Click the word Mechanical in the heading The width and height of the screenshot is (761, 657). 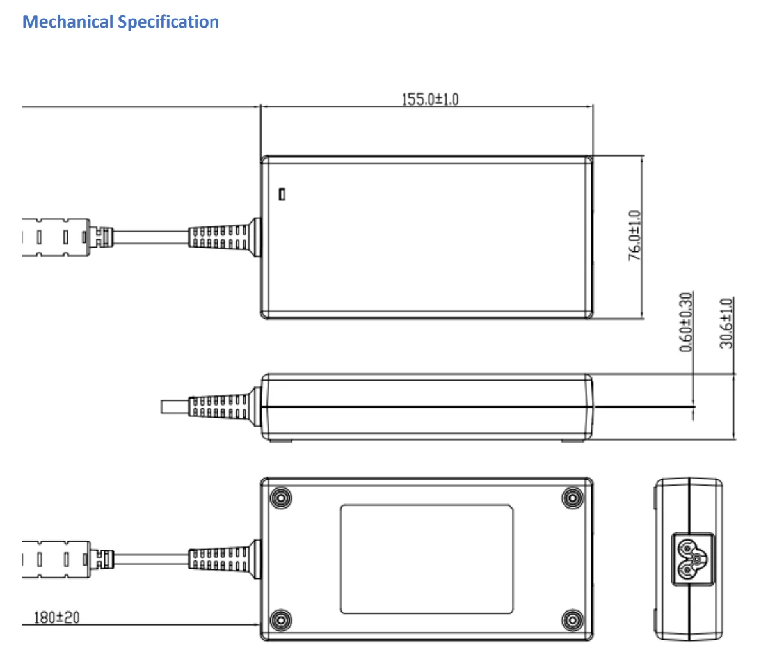[x=68, y=22]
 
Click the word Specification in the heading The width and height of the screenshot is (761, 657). [x=168, y=22]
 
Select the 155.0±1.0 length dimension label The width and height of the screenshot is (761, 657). [x=429, y=99]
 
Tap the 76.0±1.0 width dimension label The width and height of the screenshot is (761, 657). [x=634, y=235]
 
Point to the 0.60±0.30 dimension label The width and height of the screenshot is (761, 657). [x=686, y=322]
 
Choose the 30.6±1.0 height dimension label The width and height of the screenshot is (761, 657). [x=726, y=323]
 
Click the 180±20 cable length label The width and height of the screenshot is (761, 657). [x=56, y=617]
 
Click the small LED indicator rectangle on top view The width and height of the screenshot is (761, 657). [x=282, y=194]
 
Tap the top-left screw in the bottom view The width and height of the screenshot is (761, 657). [x=281, y=497]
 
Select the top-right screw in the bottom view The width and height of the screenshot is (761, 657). [x=572, y=497]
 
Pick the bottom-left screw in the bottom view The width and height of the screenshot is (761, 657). [x=281, y=619]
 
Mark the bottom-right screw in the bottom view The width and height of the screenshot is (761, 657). [x=572, y=619]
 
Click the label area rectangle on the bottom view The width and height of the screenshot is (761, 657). [x=426, y=558]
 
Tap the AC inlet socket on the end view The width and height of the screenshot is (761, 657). [x=687, y=559]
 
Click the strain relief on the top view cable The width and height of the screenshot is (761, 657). [x=224, y=236]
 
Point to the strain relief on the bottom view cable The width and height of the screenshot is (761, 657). [x=224, y=558]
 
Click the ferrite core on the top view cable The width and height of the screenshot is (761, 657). [x=54, y=237]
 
